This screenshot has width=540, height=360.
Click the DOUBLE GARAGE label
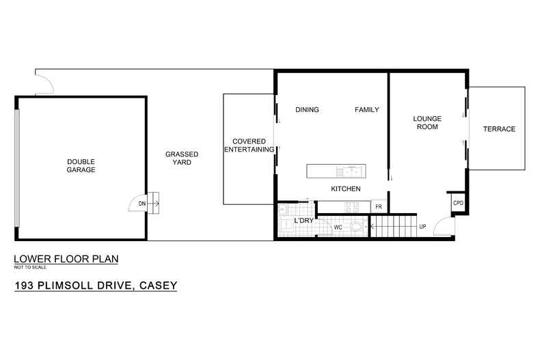coord(81,165)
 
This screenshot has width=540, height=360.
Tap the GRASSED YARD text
coord(182,158)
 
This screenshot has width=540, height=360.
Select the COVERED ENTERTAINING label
coord(248,146)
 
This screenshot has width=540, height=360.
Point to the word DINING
coord(308,110)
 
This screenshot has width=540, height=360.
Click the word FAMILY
coord(366,110)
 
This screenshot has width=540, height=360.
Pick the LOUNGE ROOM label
coord(427,122)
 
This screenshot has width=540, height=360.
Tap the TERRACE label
coord(498,129)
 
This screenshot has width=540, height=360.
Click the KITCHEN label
coord(346,189)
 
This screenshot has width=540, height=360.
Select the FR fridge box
coord(378,206)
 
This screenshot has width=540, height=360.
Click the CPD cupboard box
coord(458,204)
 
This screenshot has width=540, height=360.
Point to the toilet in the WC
coord(356,226)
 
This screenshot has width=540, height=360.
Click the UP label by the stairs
coord(422,226)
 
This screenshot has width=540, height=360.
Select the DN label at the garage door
coord(141,204)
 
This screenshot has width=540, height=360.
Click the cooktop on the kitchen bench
coord(351,206)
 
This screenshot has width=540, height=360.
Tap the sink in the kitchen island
coord(350,169)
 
